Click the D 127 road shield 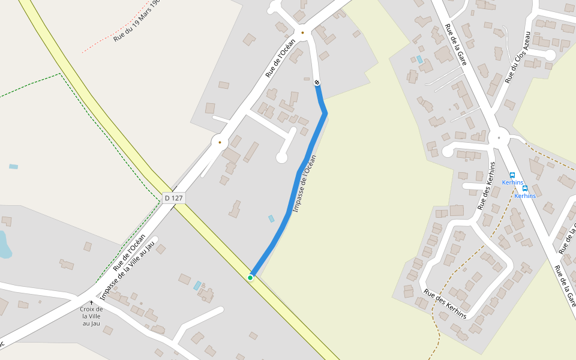tap(173, 197)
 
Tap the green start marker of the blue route tap(250, 277)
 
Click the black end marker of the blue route tap(317, 82)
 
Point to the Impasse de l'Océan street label tap(304, 184)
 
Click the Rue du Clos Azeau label tap(518, 57)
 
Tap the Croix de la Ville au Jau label tap(91, 316)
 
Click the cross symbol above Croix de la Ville tap(91, 302)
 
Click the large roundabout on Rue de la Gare tap(499, 137)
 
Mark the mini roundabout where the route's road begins tap(302, 32)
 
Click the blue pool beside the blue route tap(271, 219)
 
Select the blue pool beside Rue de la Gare tap(419, 59)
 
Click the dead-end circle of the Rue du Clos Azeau tap(550, 55)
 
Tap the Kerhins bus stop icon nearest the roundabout tap(512, 175)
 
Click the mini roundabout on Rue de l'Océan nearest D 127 tap(220, 142)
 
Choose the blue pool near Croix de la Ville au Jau tap(197, 286)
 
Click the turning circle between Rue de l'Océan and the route tap(281, 158)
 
